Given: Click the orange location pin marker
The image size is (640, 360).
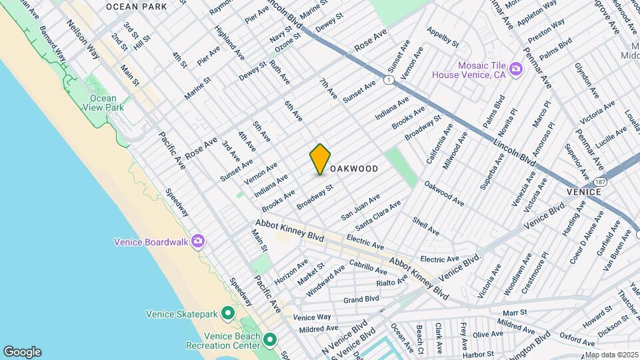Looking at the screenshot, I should [320, 159].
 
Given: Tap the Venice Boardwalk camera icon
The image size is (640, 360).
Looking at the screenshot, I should [197, 241].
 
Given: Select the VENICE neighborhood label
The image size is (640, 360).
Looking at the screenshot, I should [584, 191].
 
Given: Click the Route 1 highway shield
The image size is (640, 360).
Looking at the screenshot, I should [388, 80].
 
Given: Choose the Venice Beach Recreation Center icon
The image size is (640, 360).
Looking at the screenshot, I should [270, 341].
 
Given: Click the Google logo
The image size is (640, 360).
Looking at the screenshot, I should [22, 352].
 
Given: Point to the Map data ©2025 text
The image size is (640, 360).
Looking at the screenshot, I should [611, 355].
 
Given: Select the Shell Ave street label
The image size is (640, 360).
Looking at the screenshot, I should [425, 227].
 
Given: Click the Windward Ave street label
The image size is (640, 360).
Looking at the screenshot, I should [325, 280].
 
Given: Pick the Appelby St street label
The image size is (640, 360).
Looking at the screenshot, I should [443, 37].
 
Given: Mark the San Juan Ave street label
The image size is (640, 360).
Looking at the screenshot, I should [360, 207].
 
